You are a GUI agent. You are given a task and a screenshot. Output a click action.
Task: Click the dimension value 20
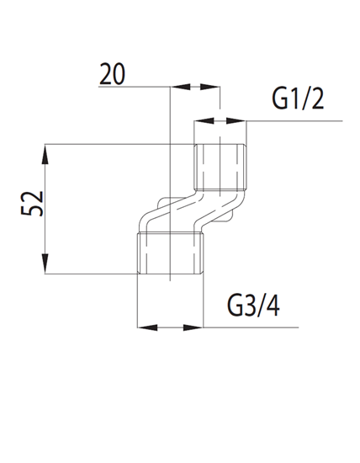coord(111,74)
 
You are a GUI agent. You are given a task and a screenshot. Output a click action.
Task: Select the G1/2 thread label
coord(297,98)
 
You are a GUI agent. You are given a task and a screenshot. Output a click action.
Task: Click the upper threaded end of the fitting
coord(220,166)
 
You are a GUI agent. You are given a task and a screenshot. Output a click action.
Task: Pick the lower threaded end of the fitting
coord(170,253)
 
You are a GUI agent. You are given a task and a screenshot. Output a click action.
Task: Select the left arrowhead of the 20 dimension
coord(176,85)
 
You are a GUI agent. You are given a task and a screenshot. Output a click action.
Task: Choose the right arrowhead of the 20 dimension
coord(214,85)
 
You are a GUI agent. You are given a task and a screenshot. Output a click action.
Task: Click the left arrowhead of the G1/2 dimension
coord(200,122)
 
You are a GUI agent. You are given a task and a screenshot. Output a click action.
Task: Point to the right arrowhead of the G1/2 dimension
coord(241,122)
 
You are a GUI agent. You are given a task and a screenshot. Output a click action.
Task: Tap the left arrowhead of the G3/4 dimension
coord(143,327)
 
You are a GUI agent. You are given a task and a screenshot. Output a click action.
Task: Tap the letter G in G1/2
coord(281,98)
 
